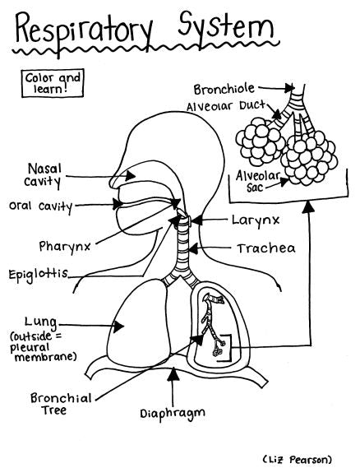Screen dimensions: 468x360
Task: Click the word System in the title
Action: pyautogui.click(x=220, y=30)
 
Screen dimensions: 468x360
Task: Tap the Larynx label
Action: pyautogui.click(x=256, y=220)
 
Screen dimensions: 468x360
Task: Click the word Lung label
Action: pyautogui.click(x=40, y=322)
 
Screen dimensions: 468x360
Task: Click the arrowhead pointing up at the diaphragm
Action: pyautogui.click(x=171, y=374)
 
